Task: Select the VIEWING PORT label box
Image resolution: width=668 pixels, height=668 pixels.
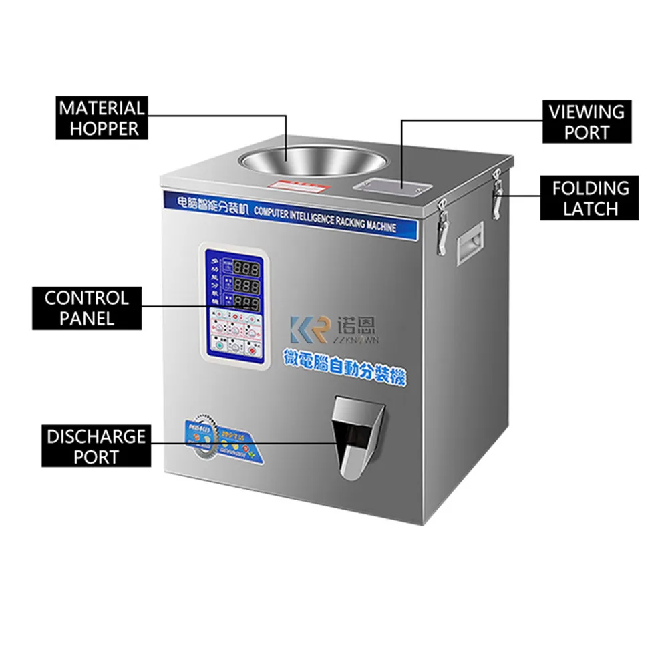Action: [x=587, y=122]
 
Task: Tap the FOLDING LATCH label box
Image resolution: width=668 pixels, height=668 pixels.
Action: [x=590, y=198]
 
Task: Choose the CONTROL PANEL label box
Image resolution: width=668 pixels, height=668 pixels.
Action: [x=87, y=307]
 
